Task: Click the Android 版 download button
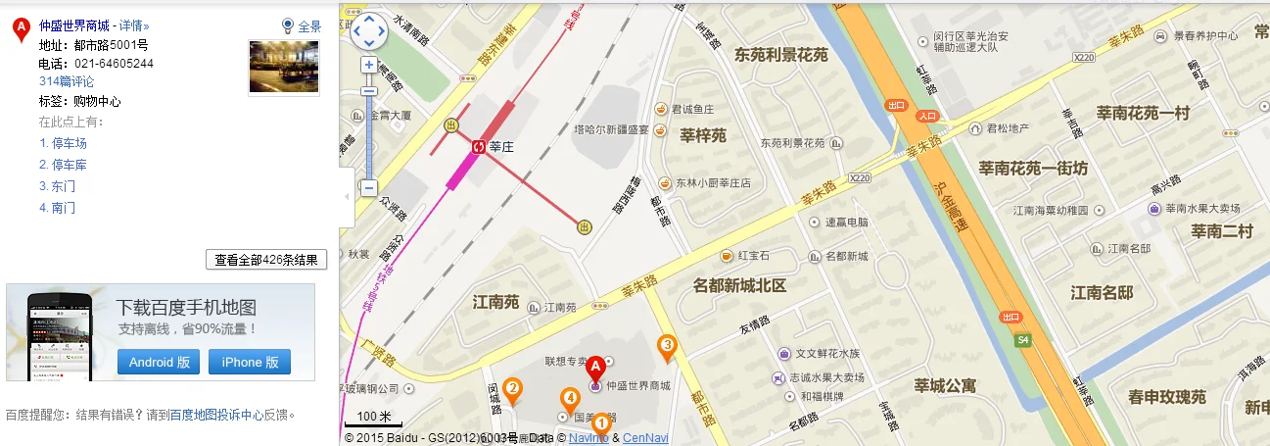(x=159, y=362)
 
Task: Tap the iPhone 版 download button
(x=249, y=362)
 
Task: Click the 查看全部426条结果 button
(x=266, y=260)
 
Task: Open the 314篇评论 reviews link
(x=67, y=81)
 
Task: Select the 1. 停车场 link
(x=64, y=143)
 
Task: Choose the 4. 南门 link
(x=57, y=208)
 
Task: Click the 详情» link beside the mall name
(x=134, y=25)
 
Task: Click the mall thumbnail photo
(x=284, y=67)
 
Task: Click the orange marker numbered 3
(x=668, y=345)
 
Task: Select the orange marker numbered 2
(x=511, y=390)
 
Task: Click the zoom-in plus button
(x=369, y=65)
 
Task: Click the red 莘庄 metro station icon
(x=478, y=147)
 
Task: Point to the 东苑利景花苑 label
(x=780, y=55)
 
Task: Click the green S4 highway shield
(x=1023, y=340)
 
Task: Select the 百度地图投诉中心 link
(x=216, y=415)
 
